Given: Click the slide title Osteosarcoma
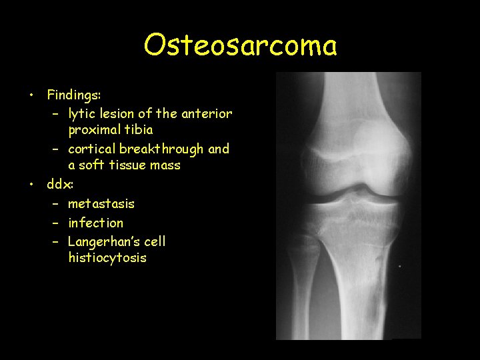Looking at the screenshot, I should tap(240, 45).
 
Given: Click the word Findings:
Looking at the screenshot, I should tap(74, 95).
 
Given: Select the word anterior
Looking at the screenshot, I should tap(207, 113).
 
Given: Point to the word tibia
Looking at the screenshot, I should tap(137, 129).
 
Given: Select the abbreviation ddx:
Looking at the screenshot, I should tap(59, 184).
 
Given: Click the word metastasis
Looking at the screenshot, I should tap(101, 203).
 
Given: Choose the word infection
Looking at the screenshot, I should tap(96, 223).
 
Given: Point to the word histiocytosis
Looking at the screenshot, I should tap(107, 257).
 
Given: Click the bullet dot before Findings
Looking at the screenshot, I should tap(31, 95).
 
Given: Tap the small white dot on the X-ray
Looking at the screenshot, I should tap(399, 266).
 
